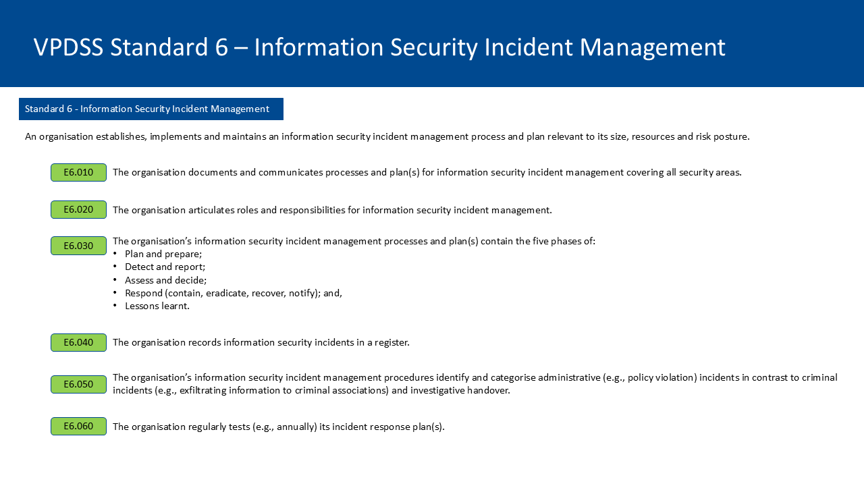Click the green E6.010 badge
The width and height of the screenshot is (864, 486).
click(x=78, y=172)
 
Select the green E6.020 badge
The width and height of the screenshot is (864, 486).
click(x=78, y=209)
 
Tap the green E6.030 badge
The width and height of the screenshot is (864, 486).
click(x=78, y=246)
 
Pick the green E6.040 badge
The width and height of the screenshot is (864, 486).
click(x=78, y=342)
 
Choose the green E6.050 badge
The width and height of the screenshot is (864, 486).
click(x=78, y=384)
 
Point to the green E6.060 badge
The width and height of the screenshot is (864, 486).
click(x=78, y=426)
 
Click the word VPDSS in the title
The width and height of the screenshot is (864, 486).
click(x=68, y=47)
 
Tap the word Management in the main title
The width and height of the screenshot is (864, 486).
click(x=652, y=48)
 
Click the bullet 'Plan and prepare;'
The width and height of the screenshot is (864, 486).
click(x=163, y=254)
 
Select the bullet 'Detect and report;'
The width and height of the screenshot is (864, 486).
click(x=165, y=267)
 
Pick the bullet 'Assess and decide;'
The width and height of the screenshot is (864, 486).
click(x=166, y=280)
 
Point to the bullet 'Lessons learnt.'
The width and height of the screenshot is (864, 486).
click(x=157, y=306)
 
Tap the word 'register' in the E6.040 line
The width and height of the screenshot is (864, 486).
click(x=391, y=343)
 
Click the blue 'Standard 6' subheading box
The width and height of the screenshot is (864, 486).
click(x=151, y=109)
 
